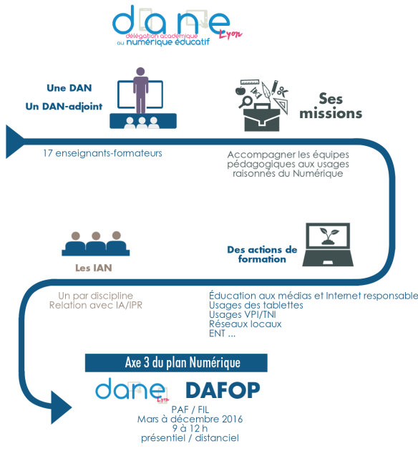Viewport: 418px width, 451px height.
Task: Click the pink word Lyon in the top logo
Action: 230,34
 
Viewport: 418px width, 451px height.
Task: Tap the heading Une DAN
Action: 69,88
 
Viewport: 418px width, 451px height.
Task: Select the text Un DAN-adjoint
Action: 64,107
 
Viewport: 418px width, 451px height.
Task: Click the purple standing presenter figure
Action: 140,90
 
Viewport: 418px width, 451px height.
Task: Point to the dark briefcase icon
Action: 262,118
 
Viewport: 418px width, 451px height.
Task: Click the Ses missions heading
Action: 331,106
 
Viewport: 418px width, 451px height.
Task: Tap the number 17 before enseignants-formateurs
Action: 48,153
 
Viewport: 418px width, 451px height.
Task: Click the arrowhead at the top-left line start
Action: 14,142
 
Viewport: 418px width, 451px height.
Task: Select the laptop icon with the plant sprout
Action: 328,245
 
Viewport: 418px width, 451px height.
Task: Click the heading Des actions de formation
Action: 262,254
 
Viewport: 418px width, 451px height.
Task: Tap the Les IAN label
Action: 94,268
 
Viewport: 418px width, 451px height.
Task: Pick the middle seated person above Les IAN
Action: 96,243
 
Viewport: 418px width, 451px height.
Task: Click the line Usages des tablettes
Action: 256,305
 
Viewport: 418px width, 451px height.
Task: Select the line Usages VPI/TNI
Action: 243,315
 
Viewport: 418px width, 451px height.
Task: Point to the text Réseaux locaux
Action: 246,324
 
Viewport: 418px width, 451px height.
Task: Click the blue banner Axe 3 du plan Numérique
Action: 176,363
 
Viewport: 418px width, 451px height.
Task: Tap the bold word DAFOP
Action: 223,390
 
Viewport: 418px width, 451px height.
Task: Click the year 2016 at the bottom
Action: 233,419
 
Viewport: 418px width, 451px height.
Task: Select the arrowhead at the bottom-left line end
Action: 62,407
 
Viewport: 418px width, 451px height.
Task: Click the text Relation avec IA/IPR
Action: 96,305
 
